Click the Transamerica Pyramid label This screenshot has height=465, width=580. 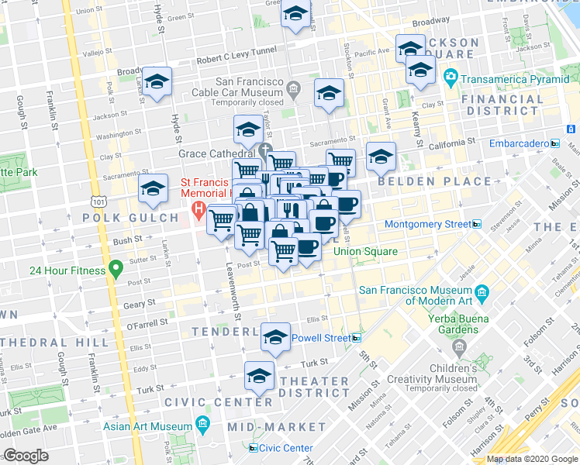click(x=511, y=78)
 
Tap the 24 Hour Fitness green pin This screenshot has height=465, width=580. click(x=116, y=270)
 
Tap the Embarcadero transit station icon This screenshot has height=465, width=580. click(x=554, y=143)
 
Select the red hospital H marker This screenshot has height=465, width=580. click(x=199, y=209)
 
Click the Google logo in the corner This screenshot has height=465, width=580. click(x=26, y=456)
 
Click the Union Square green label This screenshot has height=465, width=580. click(x=365, y=252)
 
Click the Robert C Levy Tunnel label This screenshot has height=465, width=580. click(x=236, y=60)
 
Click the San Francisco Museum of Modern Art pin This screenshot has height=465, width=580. click(x=483, y=292)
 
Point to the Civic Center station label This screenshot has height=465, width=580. click(x=285, y=448)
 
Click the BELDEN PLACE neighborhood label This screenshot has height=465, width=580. click(x=434, y=181)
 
